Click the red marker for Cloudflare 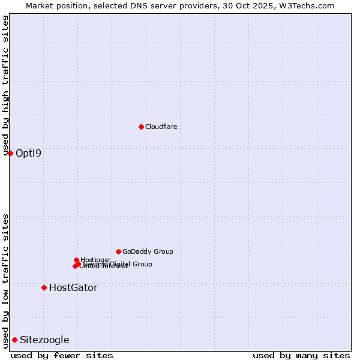[x=141, y=127]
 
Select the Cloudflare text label [x=161, y=127]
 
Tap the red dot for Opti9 [x=10, y=153]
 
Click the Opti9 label [x=28, y=153]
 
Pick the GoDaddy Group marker [x=118, y=251]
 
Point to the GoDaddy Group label [x=148, y=252]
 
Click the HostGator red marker [x=44, y=287]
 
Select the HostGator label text [x=73, y=288]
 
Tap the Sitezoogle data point [x=14, y=340]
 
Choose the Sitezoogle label [x=44, y=340]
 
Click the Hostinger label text [x=95, y=260]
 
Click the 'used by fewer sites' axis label [x=62, y=355]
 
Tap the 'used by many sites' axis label [x=301, y=355]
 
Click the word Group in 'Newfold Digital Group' [x=142, y=264]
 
